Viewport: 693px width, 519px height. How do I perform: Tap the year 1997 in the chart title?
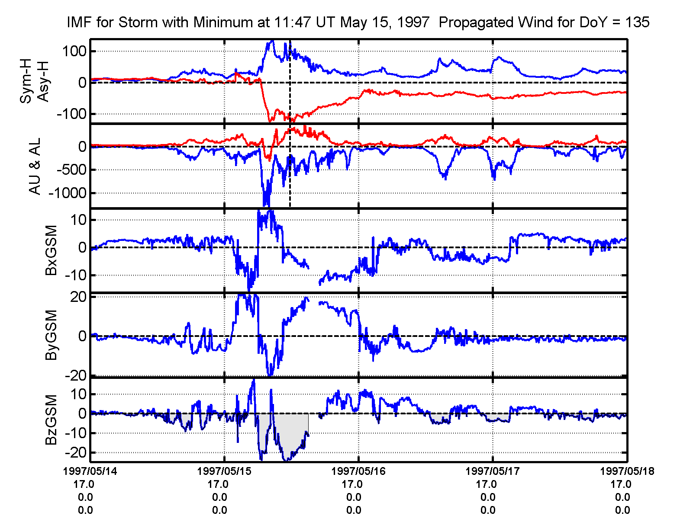click(413, 22)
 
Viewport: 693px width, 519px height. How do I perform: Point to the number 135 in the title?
click(637, 22)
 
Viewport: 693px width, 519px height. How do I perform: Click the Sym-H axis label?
click(26, 82)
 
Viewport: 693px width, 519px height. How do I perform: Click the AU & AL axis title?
click(35, 166)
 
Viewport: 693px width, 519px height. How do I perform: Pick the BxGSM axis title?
click(51, 250)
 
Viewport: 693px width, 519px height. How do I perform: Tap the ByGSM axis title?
click(51, 335)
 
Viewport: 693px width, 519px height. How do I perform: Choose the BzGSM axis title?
click(51, 420)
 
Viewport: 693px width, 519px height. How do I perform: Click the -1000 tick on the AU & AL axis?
click(68, 193)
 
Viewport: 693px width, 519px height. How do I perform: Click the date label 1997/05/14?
click(90, 471)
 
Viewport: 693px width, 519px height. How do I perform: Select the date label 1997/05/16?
click(358, 471)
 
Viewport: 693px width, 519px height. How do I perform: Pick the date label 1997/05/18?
click(627, 471)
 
